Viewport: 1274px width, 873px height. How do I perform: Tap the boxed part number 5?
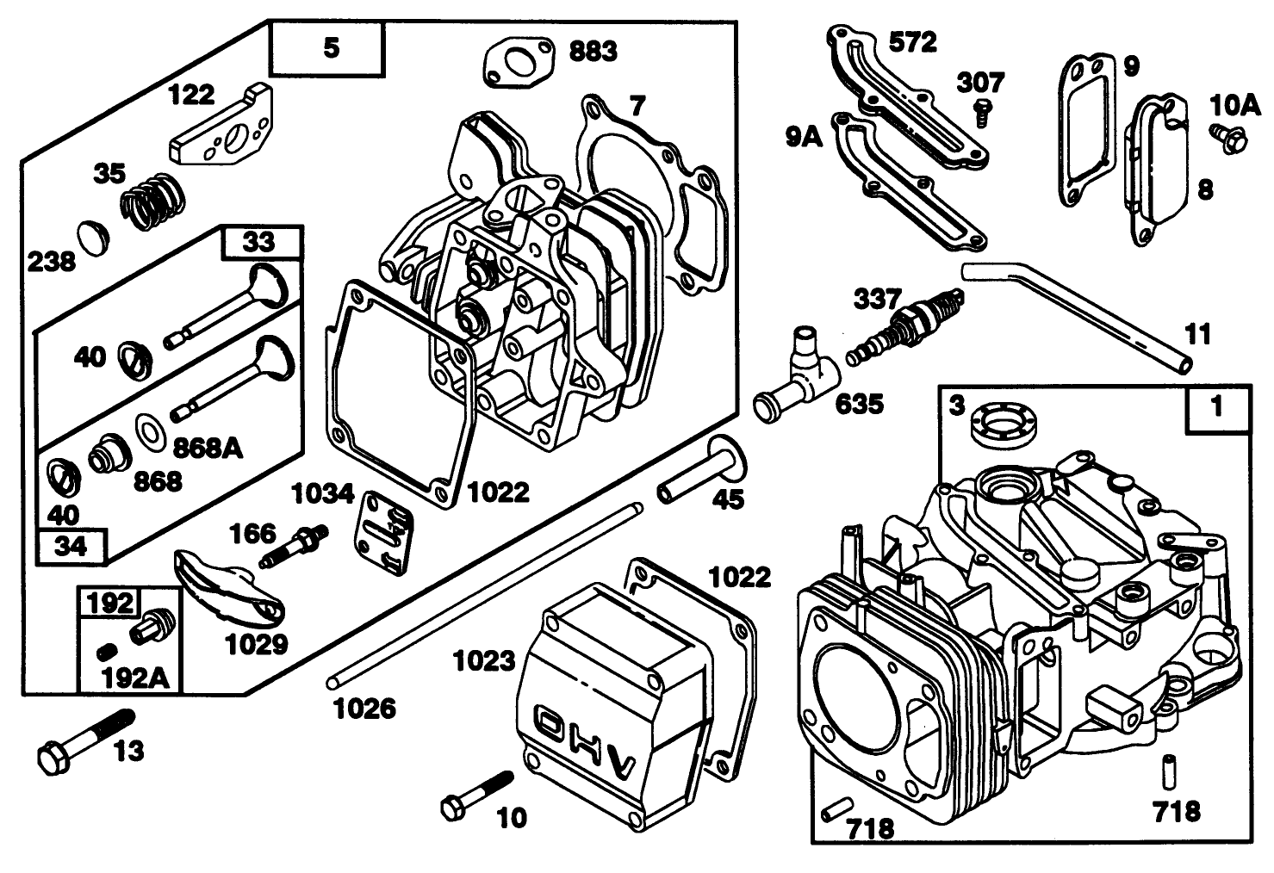pos(332,48)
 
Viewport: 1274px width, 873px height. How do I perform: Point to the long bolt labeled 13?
pos(84,740)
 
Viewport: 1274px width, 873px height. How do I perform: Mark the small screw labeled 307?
pos(979,112)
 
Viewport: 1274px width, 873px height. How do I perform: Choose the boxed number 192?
pos(110,603)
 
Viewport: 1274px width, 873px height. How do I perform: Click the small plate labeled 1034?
pos(385,532)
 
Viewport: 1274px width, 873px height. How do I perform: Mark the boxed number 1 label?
pos(1217,408)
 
